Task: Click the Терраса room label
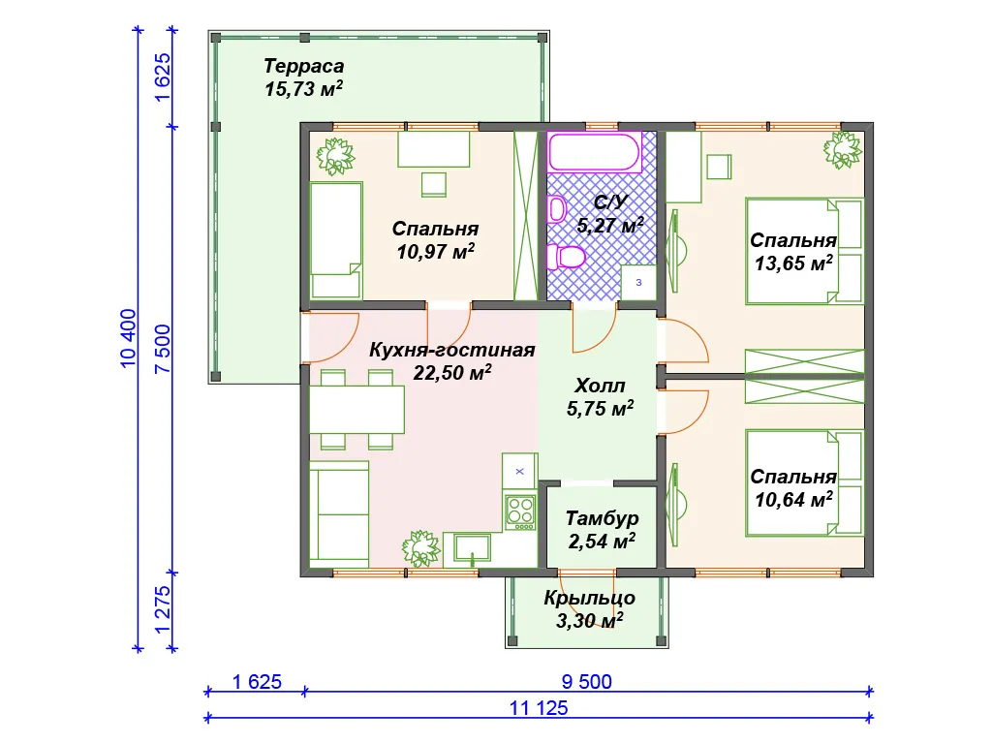click(x=303, y=66)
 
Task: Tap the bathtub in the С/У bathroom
click(x=595, y=152)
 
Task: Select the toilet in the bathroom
click(x=565, y=257)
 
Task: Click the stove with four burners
click(x=520, y=511)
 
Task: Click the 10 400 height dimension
click(x=127, y=338)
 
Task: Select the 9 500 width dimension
click(x=586, y=681)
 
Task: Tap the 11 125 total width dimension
click(x=539, y=708)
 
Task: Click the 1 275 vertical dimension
click(x=162, y=610)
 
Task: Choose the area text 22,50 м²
click(x=452, y=373)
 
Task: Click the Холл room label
click(x=600, y=386)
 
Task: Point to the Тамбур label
click(x=602, y=518)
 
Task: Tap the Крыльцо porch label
click(x=590, y=598)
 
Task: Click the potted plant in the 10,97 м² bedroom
click(x=335, y=156)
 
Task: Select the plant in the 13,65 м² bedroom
click(x=843, y=150)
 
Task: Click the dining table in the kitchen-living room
click(x=356, y=410)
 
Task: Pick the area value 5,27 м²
click(x=610, y=225)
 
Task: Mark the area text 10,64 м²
click(x=793, y=500)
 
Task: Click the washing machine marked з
click(x=638, y=282)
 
